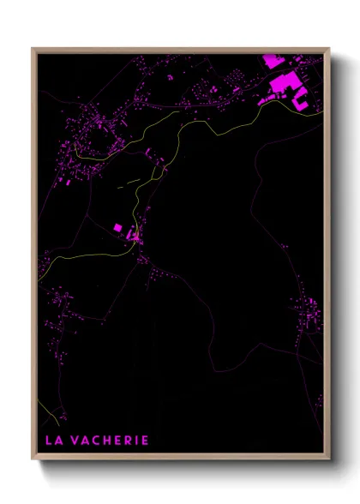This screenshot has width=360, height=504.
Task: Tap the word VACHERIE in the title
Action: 111,441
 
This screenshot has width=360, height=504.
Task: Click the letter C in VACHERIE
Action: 99,441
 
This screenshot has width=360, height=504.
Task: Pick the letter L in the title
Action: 50,441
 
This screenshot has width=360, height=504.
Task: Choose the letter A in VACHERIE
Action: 88,441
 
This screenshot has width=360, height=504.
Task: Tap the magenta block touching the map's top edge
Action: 271,61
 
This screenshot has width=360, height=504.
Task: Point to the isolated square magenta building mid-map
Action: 118,227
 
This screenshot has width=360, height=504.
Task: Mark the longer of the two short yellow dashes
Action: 131,182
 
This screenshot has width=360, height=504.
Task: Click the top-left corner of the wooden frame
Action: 33,48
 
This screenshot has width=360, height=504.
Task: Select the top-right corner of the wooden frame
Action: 329,48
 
